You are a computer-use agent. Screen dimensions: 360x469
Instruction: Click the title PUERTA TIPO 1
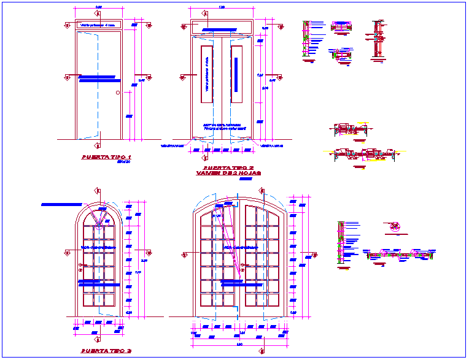[107, 157]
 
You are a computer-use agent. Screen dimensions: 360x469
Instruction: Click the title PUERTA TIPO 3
[107, 352]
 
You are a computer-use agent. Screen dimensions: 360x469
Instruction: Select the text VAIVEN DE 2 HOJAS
[228, 174]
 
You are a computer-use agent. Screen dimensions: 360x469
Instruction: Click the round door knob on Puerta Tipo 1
[118, 93]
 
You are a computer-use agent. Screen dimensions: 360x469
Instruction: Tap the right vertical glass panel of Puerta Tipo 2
[237, 75]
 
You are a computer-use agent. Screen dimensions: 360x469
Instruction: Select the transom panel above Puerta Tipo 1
[98, 25]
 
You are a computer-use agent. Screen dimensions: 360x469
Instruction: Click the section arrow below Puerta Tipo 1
[98, 146]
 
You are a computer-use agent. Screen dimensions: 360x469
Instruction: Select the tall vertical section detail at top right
[376, 40]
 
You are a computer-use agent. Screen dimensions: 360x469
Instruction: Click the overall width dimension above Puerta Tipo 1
[98, 7]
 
